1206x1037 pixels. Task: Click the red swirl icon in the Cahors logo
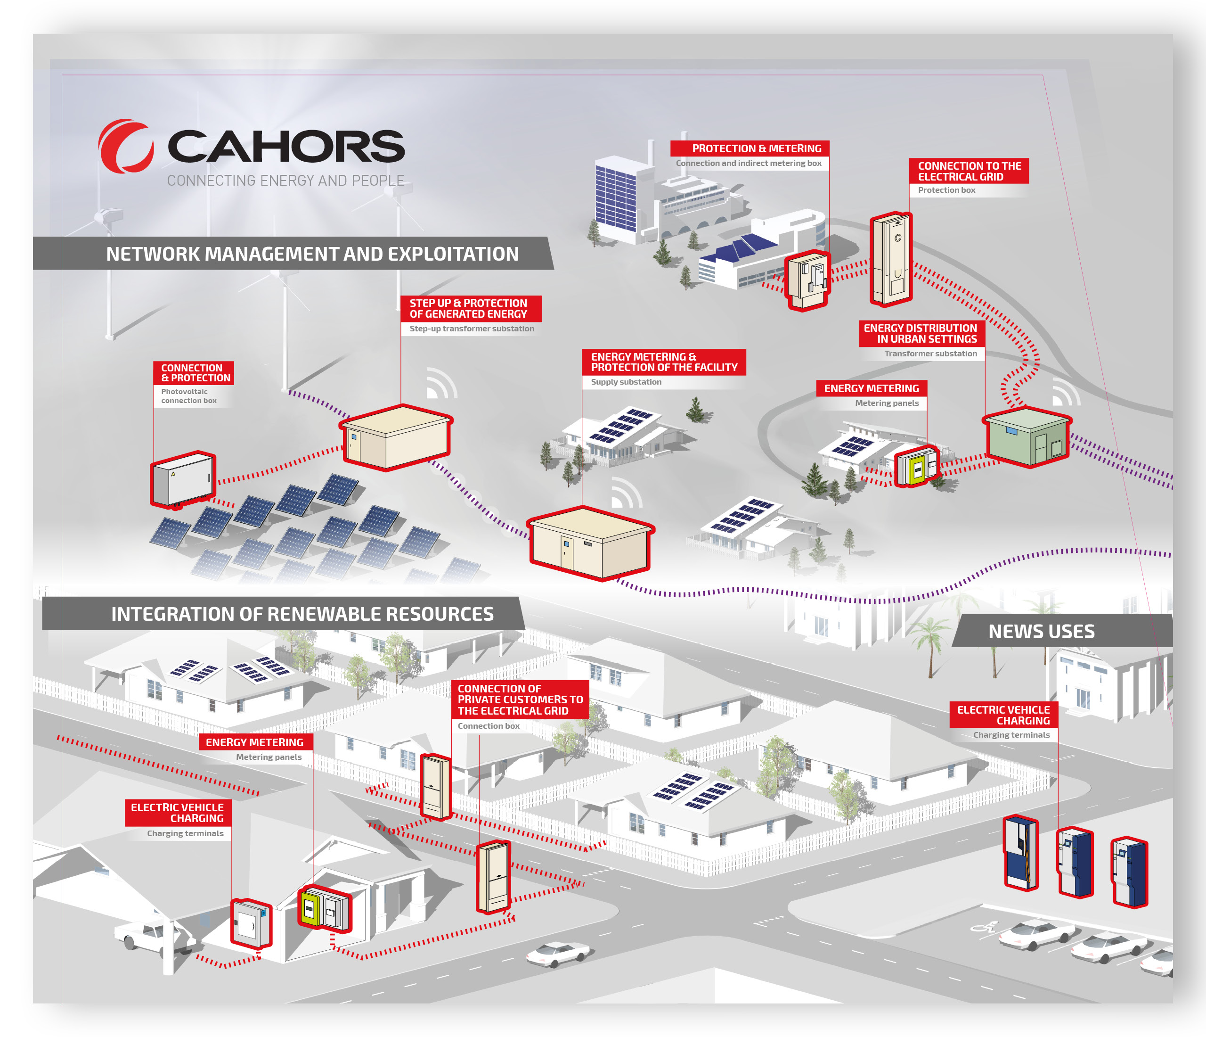pos(125,146)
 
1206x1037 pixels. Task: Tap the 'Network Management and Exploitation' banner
pos(312,254)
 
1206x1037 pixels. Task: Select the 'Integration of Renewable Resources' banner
pos(302,614)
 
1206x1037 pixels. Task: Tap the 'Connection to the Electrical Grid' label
pos(969,171)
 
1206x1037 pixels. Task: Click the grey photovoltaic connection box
pos(183,479)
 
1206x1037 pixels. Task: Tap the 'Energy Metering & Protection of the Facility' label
pos(663,362)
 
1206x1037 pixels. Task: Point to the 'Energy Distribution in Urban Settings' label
pos(922,334)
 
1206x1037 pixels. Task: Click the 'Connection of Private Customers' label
pos(520,700)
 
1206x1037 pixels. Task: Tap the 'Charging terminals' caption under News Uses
pos(1011,735)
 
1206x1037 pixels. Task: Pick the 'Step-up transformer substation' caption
pos(472,329)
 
